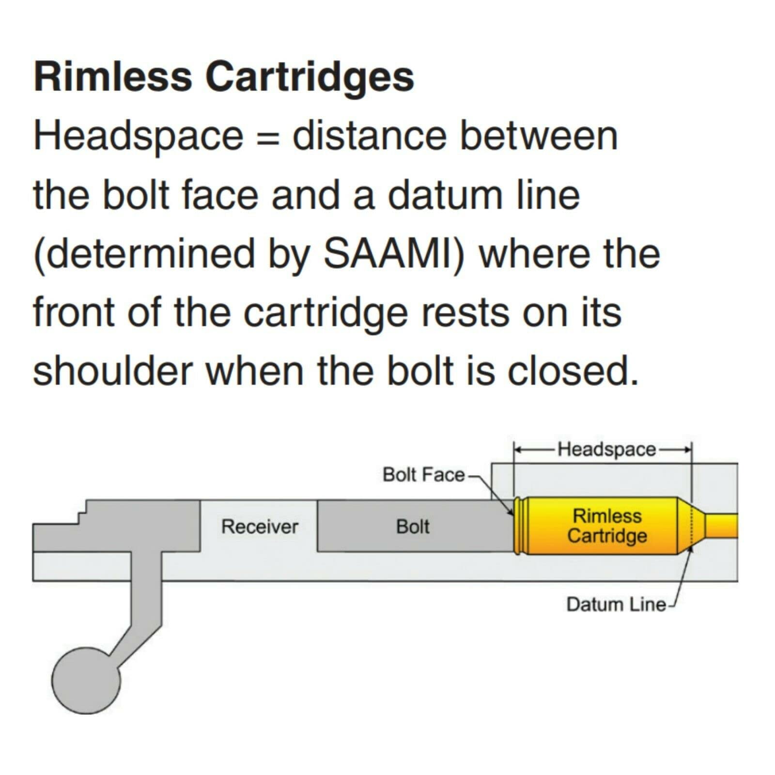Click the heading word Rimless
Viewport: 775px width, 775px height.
(112, 77)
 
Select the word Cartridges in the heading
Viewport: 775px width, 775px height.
(310, 77)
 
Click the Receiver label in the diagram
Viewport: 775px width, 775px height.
(260, 527)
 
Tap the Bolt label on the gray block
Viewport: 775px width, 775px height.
(413, 527)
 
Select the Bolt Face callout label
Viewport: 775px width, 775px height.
(423, 475)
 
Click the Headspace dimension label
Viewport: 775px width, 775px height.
(606, 449)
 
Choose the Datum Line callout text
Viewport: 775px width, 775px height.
(616, 604)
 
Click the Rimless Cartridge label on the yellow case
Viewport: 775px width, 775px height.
(607, 526)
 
